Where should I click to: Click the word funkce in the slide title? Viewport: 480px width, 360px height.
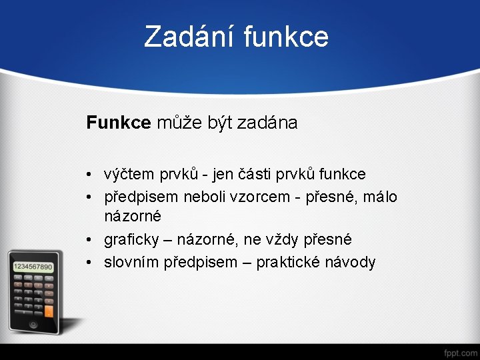coord(286,37)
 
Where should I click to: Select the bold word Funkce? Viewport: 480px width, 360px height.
coord(119,123)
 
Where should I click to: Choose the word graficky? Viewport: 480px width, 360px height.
coord(131,239)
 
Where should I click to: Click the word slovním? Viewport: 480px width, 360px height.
coord(131,262)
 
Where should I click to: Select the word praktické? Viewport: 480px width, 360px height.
coord(287,262)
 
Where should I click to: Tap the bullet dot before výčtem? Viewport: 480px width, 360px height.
coord(89,175)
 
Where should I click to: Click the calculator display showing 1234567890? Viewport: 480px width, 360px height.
coord(33,267)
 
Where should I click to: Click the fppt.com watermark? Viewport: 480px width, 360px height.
coord(460,351)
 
